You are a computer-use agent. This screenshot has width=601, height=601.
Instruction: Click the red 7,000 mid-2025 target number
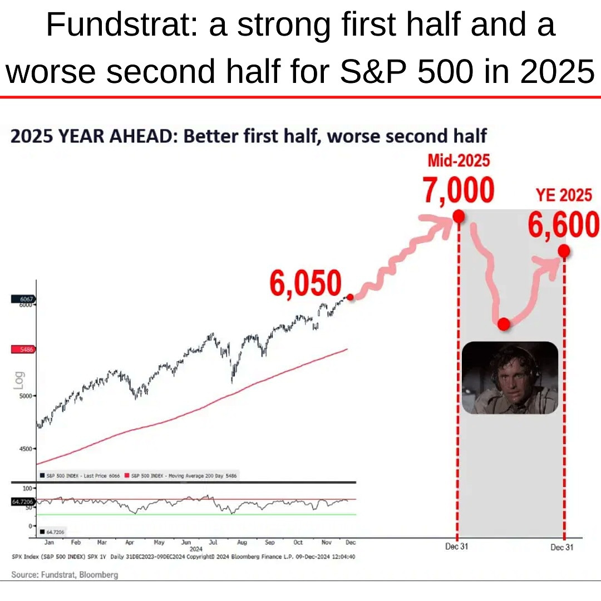458,191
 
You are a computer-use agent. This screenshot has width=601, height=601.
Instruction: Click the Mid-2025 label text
459,161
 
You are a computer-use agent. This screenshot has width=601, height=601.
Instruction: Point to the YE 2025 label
563,195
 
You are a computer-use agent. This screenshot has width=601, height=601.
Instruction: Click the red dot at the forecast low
504,324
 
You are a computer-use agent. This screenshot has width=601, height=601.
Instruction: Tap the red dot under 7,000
459,216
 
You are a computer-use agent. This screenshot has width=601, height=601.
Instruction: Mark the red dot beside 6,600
564,252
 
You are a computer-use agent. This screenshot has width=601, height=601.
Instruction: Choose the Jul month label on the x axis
213,541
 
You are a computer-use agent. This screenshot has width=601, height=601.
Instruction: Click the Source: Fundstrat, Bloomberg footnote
65,574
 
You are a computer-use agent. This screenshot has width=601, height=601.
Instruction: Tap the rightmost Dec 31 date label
561,547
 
